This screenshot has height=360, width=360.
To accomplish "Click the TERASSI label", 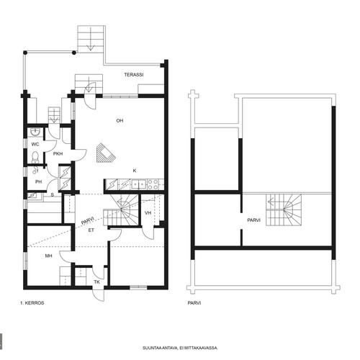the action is click(134, 75).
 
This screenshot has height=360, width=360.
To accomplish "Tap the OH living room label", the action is click(120, 120).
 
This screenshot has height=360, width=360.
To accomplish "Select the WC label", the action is click(35, 144).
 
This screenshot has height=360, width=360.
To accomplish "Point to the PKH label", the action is click(58, 154).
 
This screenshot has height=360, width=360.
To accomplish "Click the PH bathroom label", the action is click(38, 182).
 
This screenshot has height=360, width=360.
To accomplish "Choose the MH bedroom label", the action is click(48, 256).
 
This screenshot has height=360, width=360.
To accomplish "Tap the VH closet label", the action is click(148, 212).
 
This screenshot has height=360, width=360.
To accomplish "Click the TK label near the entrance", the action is click(96, 282).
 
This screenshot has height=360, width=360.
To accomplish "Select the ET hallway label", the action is click(91, 230).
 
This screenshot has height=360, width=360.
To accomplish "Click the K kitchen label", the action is click(135, 171).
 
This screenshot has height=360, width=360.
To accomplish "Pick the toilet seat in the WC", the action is click(35, 157).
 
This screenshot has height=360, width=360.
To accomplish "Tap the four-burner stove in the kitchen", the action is click(153, 184).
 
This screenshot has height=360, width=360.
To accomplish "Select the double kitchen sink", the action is click(139, 184).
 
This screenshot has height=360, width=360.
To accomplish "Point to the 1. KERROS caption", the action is click(32, 303).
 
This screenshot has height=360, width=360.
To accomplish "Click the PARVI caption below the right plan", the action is click(194, 303).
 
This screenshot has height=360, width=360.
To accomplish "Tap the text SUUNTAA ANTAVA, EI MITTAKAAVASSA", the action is click(180, 348).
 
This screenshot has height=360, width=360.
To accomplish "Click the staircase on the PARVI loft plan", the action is click(284, 210).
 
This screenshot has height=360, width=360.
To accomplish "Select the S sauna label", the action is click(53, 195).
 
